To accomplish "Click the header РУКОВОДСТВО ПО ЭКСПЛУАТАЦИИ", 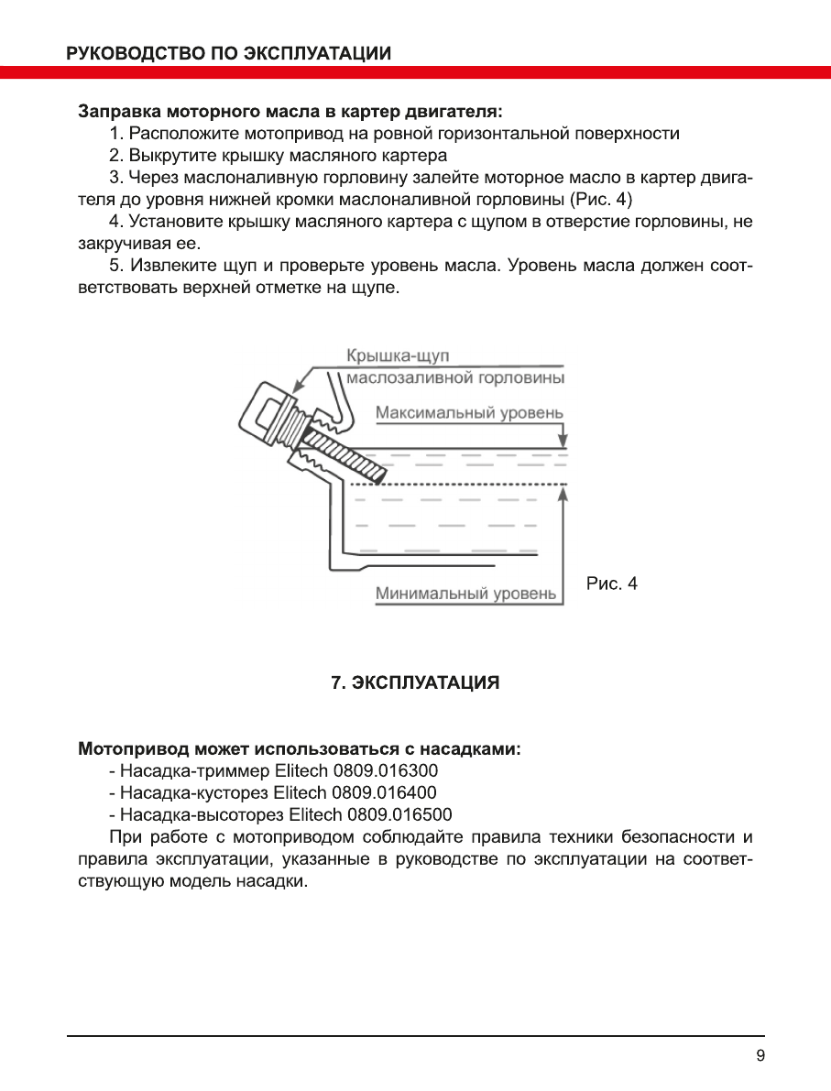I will tap(229, 53).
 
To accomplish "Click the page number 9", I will tap(760, 1055).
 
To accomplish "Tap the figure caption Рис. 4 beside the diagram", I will tap(611, 584).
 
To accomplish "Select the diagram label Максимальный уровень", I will tap(469, 413).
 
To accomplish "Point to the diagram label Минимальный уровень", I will tap(465, 594).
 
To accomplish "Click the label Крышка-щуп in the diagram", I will tap(398, 355).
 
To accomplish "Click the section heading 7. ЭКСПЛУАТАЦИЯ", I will tap(415, 683).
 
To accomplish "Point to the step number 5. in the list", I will tap(115, 267).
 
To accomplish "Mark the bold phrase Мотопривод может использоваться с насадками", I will tap(300, 748).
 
